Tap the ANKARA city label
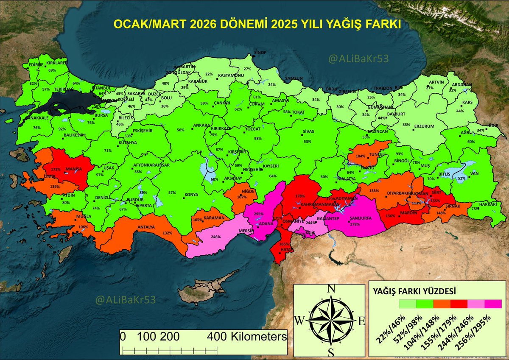[x=201, y=126]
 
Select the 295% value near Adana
[x=259, y=215]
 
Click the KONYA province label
[x=191, y=195]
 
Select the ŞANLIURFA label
[x=360, y=218]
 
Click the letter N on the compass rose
[x=332, y=290]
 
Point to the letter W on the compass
[x=299, y=321]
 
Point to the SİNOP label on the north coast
[x=260, y=52]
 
